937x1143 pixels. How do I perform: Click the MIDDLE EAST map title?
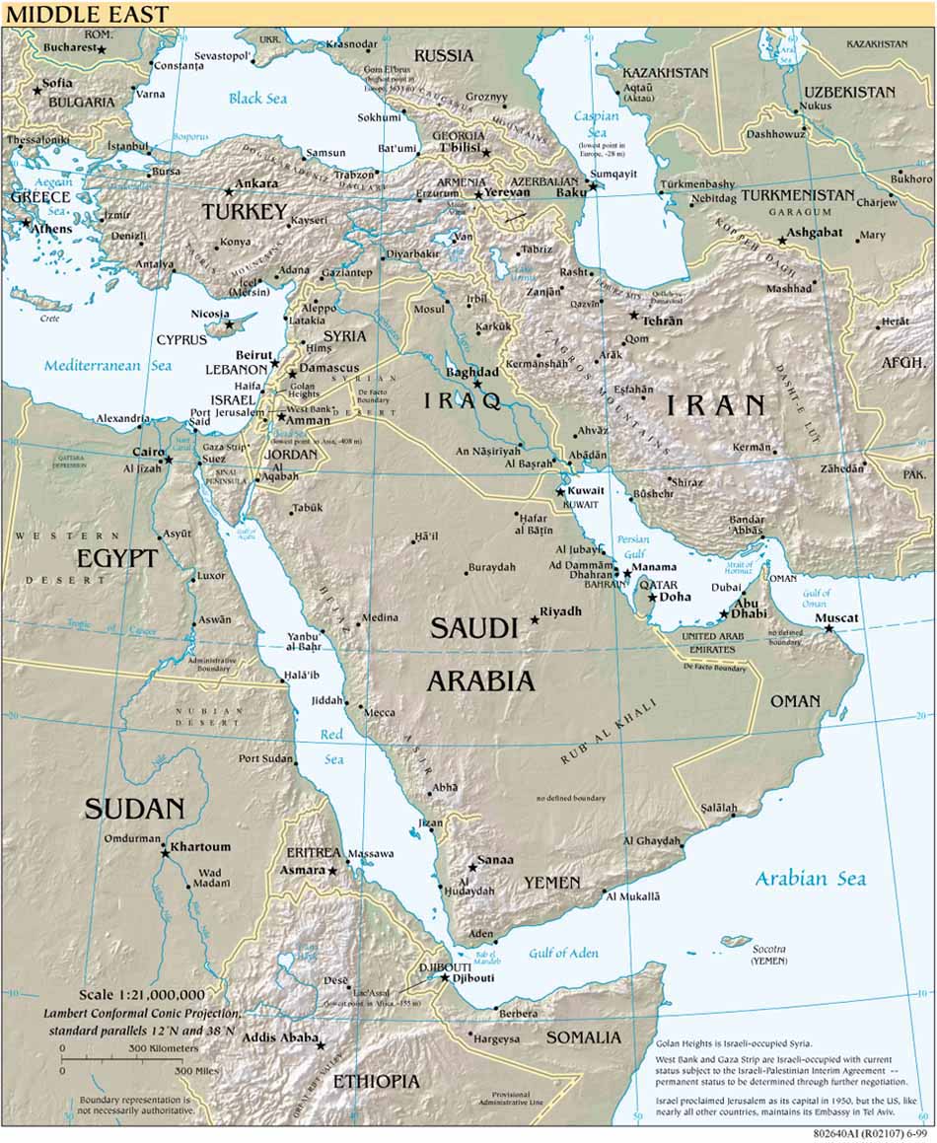pyautogui.click(x=87, y=14)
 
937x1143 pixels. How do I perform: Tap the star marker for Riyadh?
pyautogui.click(x=536, y=620)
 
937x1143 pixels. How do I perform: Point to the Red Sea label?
pyautogui.click(x=331, y=747)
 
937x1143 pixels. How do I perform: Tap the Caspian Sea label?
pyautogui.click(x=596, y=124)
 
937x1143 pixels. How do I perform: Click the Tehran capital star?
pyautogui.click(x=634, y=316)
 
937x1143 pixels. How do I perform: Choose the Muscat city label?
pyautogui.click(x=836, y=618)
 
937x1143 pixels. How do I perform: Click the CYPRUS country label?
pyautogui.click(x=181, y=340)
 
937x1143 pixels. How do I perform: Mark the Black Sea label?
pyautogui.click(x=257, y=98)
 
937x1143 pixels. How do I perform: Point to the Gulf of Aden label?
pyautogui.click(x=563, y=953)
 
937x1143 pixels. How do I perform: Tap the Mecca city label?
pyautogui.click(x=380, y=712)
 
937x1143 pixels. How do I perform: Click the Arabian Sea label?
pyautogui.click(x=811, y=879)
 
